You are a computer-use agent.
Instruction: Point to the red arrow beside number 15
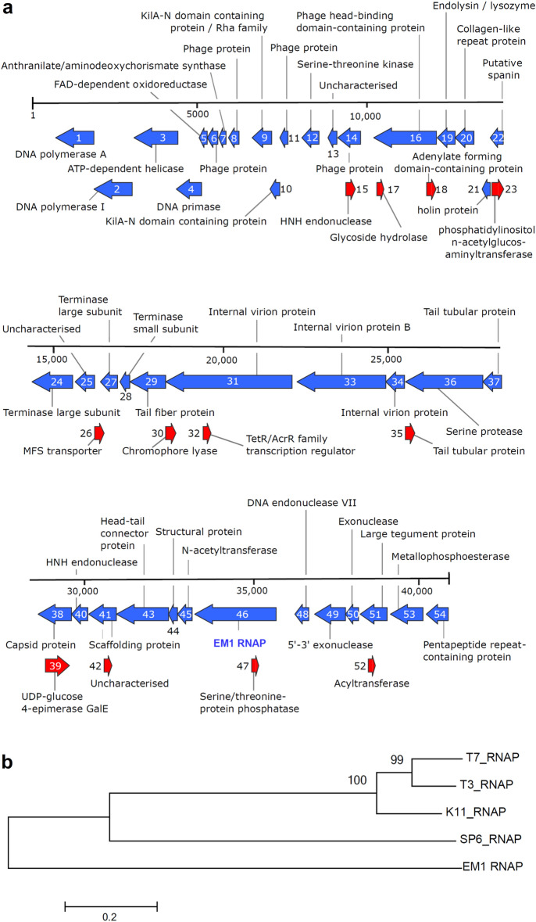pyautogui.click(x=350, y=188)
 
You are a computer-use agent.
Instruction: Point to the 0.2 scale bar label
pyautogui.click(x=110, y=890)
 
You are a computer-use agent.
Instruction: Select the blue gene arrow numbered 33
pyautogui.click(x=341, y=382)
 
